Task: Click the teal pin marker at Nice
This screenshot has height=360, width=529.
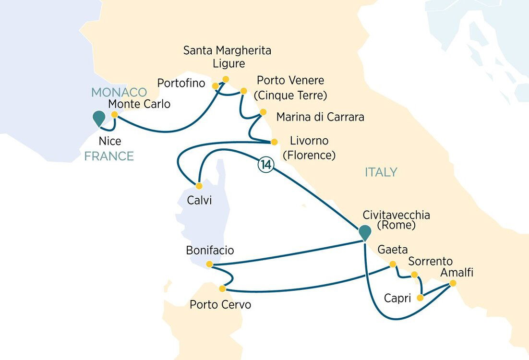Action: tap(99, 118)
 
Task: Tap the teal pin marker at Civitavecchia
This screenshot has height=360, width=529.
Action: tap(365, 232)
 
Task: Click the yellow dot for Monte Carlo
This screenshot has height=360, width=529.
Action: tap(114, 115)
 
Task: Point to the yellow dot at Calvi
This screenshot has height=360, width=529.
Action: tap(199, 186)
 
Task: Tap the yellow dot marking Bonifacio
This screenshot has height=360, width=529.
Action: tap(209, 264)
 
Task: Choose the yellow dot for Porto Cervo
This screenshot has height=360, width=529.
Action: tap(222, 288)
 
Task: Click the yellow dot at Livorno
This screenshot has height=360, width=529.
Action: tap(275, 142)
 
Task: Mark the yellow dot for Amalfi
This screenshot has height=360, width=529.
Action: tap(453, 283)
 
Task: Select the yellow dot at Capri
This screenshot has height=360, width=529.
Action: tap(421, 298)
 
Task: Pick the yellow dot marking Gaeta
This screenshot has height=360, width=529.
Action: tap(393, 264)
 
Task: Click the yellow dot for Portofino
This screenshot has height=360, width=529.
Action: tap(216, 86)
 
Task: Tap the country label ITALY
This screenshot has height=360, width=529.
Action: tap(381, 172)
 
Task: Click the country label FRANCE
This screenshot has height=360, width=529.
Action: tap(109, 156)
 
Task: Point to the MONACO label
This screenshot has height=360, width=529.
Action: tap(119, 92)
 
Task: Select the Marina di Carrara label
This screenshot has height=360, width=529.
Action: tap(320, 117)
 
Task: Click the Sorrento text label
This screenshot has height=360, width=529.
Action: tap(430, 262)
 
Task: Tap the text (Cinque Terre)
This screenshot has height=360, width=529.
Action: tap(290, 95)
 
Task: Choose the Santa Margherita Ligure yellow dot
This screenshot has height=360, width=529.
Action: tap(226, 79)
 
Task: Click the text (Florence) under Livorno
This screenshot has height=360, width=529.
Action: tap(309, 155)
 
